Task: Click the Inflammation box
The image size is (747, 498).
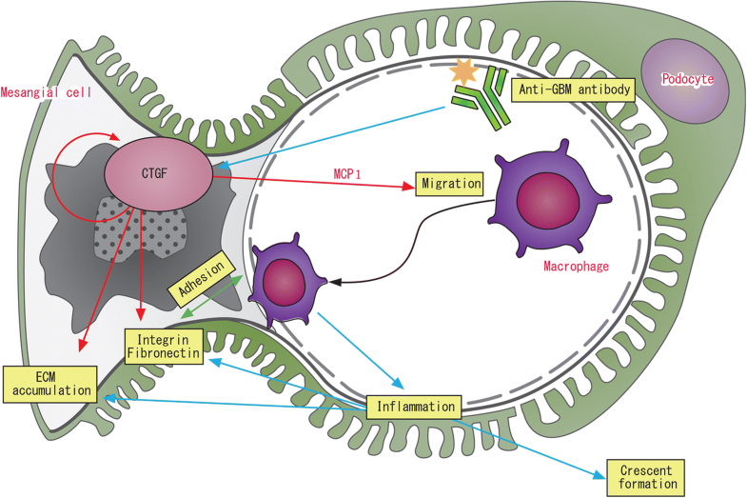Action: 414,407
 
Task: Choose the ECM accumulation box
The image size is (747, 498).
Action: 48,381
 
